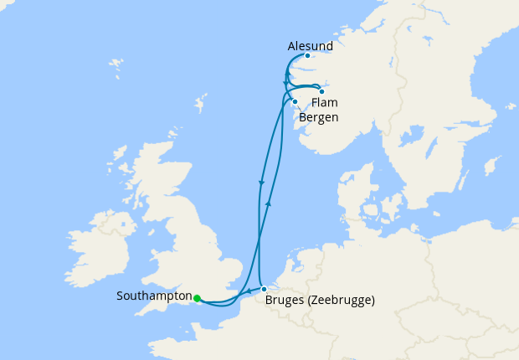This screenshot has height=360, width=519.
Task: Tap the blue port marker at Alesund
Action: (308, 56)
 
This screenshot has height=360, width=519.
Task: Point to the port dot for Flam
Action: (321, 91)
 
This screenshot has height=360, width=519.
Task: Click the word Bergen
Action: (319, 117)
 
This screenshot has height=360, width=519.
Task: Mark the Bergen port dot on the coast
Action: (295, 101)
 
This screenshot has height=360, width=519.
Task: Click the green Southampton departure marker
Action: (197, 297)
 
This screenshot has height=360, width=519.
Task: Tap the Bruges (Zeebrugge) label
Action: (319, 300)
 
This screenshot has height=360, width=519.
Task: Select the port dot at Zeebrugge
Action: (264, 289)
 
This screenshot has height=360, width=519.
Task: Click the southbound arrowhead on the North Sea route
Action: (262, 183)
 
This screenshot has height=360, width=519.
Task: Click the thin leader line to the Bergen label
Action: (300, 106)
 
